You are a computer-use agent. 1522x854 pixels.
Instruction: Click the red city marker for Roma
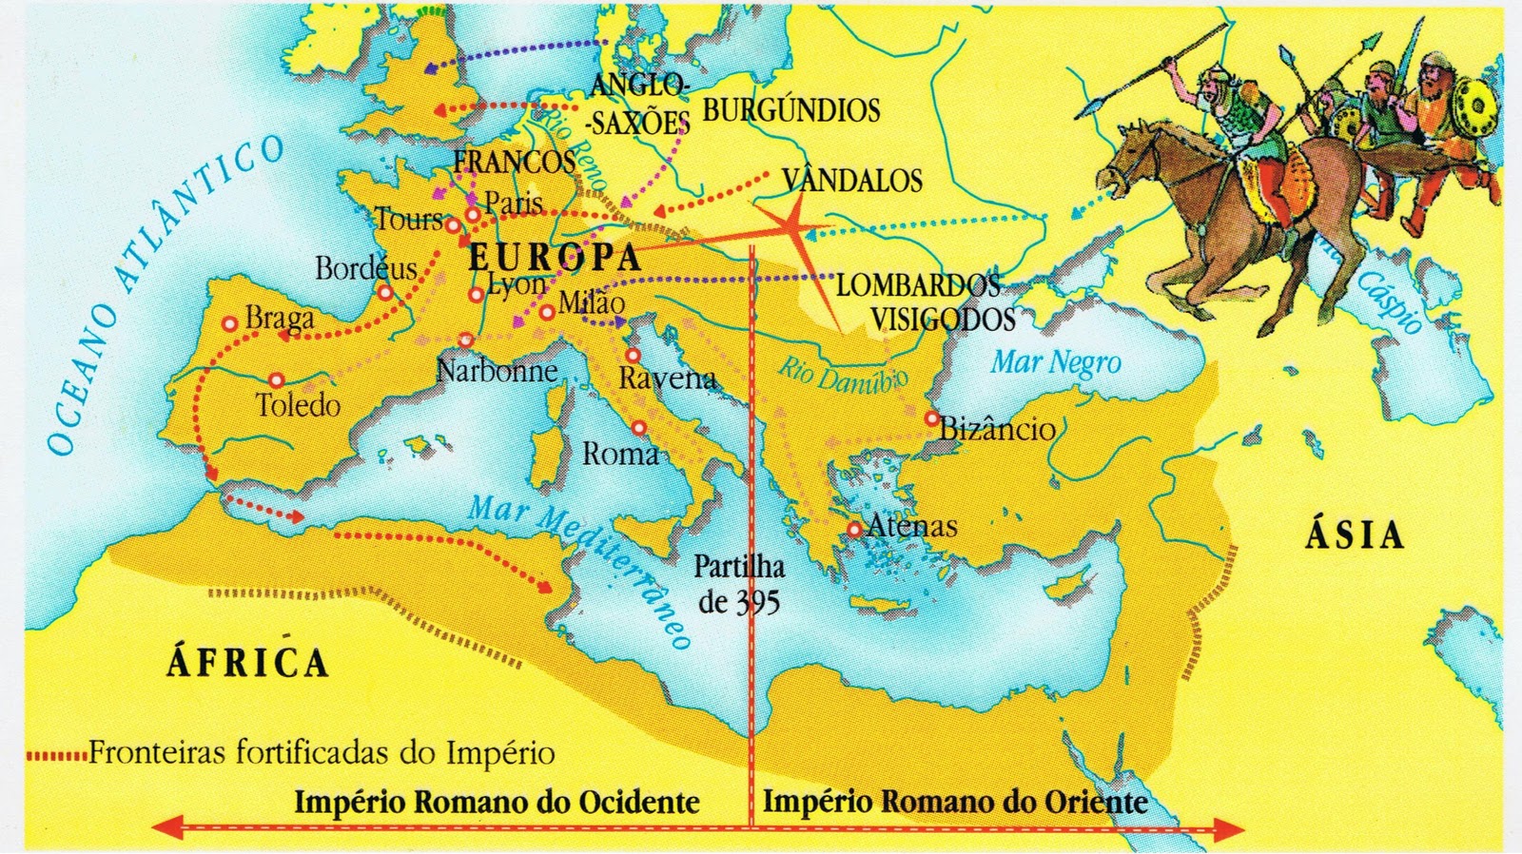click(639, 428)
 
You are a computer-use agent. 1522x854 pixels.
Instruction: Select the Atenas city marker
click(854, 529)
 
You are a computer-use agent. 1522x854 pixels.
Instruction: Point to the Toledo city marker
click(276, 380)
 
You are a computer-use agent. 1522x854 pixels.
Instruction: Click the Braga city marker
click(229, 323)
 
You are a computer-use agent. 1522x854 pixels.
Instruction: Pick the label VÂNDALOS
click(851, 181)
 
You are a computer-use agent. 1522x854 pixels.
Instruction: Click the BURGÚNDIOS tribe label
click(791, 110)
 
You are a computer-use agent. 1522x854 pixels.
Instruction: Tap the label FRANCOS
click(514, 162)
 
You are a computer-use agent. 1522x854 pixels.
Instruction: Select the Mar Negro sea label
click(1056, 362)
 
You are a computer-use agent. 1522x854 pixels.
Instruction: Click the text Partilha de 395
click(739, 584)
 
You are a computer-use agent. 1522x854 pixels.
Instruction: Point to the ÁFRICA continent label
click(247, 662)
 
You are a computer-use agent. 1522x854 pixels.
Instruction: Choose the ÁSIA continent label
click(1355, 535)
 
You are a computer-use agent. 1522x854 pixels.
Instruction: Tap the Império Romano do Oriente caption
click(955, 801)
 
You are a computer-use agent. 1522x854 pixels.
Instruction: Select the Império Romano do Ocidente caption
click(497, 802)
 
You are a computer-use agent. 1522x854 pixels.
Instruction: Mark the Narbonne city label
click(497, 370)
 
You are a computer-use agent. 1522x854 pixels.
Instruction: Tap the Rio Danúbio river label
click(843, 376)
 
